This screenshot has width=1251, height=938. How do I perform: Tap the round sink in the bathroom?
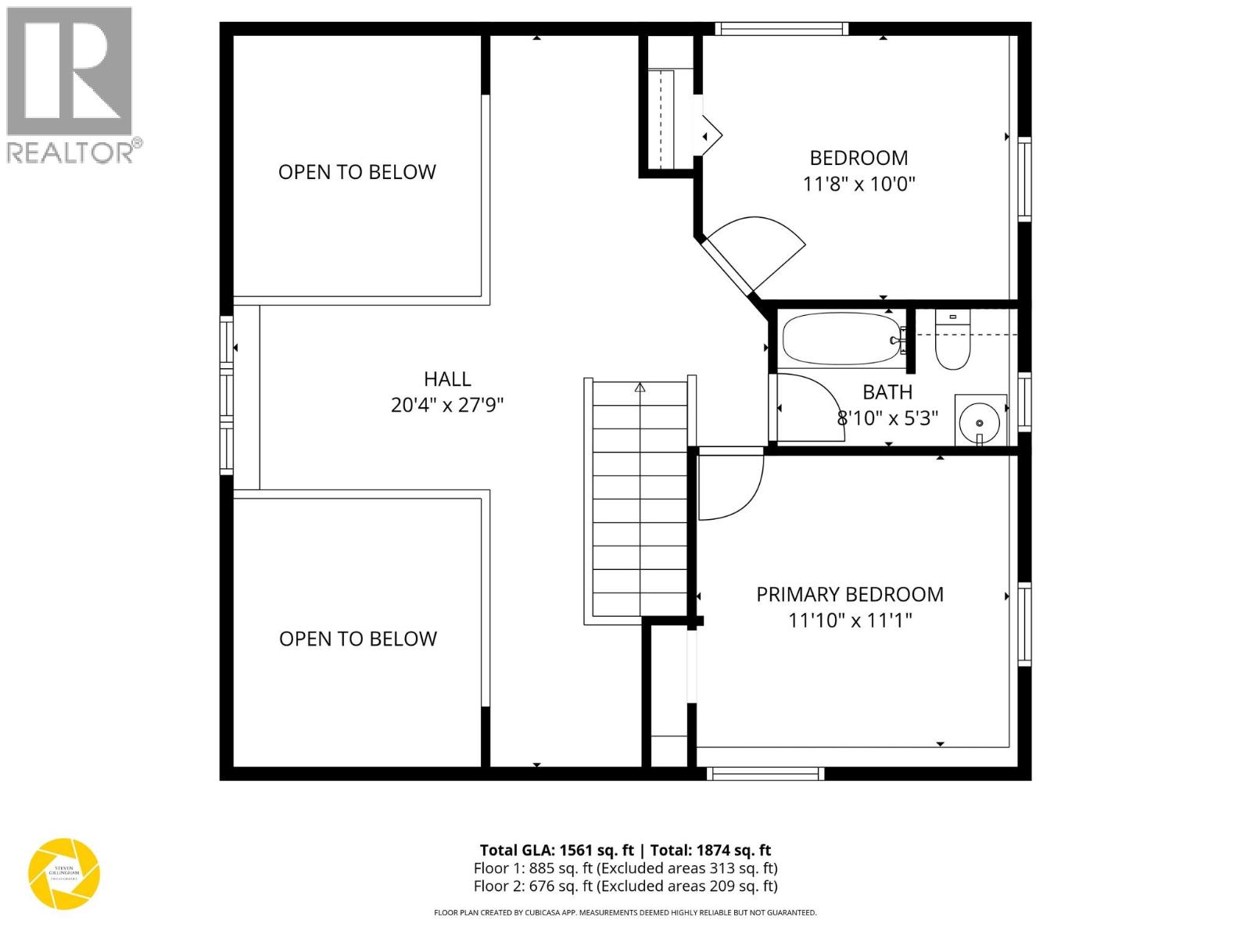[x=979, y=422]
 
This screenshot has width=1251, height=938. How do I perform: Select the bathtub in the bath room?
[x=841, y=338]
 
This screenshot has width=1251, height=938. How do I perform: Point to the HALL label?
[x=447, y=379]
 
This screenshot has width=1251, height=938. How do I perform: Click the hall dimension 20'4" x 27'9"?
[x=447, y=405]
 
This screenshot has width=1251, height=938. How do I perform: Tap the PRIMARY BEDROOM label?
[x=850, y=594]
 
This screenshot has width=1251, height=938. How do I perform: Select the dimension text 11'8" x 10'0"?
[x=858, y=184]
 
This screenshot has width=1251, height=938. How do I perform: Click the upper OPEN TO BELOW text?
[x=357, y=172]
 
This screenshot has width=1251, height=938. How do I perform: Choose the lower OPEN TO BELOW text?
[x=357, y=639]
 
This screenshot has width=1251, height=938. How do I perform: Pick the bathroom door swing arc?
[x=809, y=406]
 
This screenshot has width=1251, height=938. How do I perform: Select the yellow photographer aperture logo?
[x=64, y=874]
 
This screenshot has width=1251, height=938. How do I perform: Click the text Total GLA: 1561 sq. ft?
[x=557, y=850]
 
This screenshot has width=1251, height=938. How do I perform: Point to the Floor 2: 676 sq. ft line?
[x=625, y=886]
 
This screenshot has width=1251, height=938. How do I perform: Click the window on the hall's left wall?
[x=227, y=395]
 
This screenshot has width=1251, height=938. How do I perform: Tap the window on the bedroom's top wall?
[x=781, y=29]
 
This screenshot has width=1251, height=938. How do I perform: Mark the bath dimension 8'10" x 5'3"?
[x=887, y=418]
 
